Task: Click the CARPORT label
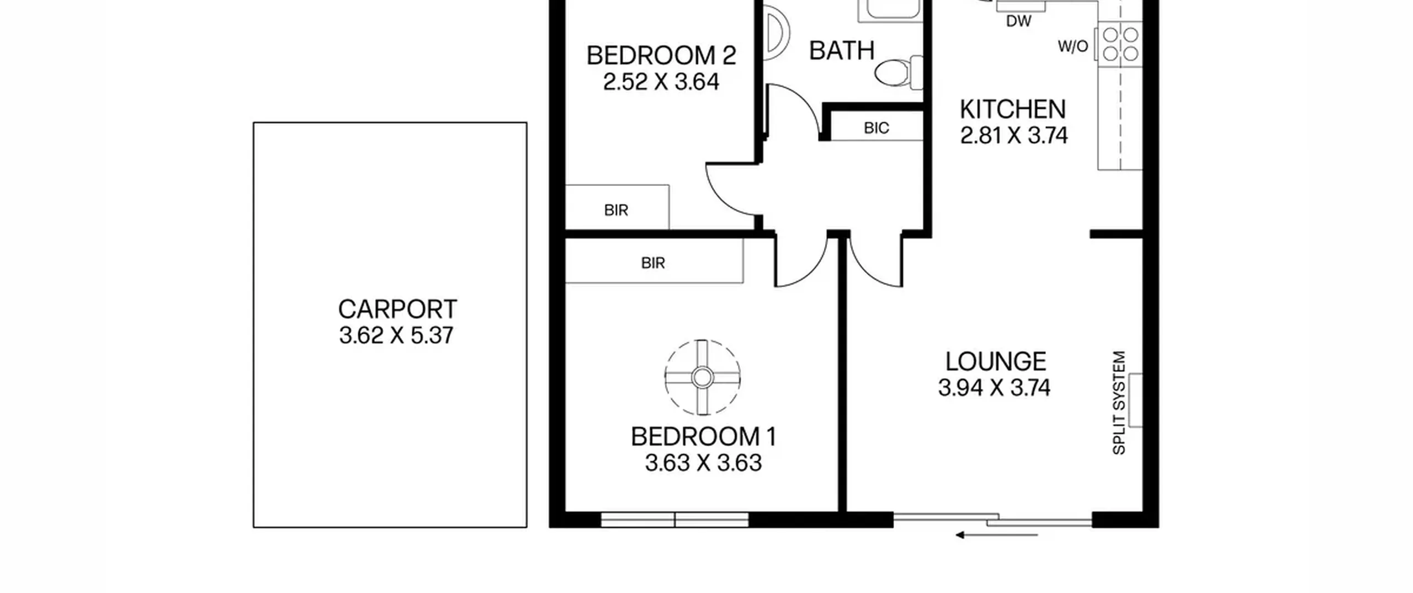(397, 309)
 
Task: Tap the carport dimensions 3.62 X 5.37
(396, 335)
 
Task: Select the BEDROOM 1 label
(704, 437)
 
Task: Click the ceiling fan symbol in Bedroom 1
(702, 377)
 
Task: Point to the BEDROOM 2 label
(661, 56)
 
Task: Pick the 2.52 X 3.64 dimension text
(661, 82)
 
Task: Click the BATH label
(842, 51)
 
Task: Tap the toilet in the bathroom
(899, 72)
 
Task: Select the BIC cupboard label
(877, 129)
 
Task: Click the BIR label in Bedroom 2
(616, 210)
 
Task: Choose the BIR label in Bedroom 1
(653, 263)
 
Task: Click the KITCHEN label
(1013, 109)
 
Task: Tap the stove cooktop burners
(1120, 44)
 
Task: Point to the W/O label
(1073, 46)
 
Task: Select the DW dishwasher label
(1019, 22)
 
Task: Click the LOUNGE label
(996, 362)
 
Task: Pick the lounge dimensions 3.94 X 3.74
(994, 388)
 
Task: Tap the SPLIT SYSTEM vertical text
(1119, 403)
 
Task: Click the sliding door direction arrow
(996, 535)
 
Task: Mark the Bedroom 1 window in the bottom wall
(674, 520)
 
